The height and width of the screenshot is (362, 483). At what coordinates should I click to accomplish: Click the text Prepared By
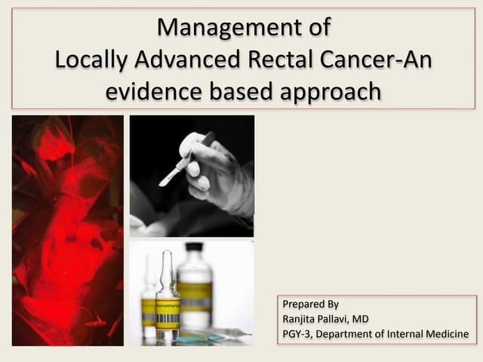pos(310,305)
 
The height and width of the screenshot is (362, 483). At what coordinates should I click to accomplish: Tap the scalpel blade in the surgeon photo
pos(168,178)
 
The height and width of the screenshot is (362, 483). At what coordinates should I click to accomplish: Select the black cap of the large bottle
pos(194,247)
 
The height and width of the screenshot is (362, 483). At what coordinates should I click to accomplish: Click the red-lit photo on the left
pos(67,230)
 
